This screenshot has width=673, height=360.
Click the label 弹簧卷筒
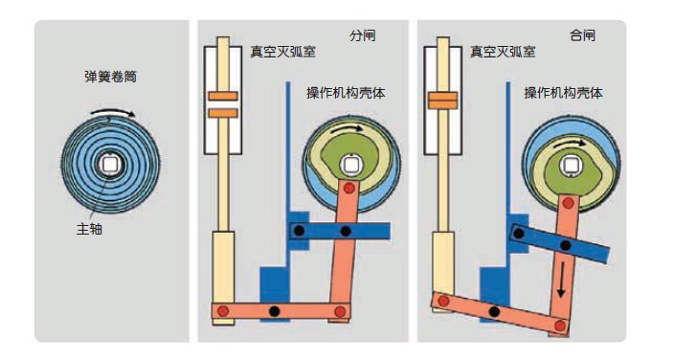111,77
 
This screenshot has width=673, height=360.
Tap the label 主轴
89,229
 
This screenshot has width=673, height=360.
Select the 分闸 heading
363,35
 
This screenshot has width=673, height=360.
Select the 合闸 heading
582,35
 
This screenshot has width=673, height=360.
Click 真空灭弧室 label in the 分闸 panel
283,52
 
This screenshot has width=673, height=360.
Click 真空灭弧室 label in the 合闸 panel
503,52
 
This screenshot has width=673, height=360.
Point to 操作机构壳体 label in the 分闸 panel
346,93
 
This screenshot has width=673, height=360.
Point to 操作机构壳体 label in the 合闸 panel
564,93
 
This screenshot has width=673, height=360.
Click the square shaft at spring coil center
110,166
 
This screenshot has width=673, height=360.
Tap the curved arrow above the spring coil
113,112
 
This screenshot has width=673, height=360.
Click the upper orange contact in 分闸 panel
223,96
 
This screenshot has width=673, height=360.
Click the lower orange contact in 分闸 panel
223,113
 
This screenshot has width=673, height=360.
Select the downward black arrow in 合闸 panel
561,280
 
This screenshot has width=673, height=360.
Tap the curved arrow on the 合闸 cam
570,144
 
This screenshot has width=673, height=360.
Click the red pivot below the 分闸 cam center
349,188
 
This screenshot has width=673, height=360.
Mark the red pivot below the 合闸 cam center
569,203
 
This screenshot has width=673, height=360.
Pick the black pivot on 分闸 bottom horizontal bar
274,311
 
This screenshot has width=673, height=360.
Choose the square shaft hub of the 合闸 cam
571,166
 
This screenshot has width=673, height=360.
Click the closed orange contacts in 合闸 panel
443,101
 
